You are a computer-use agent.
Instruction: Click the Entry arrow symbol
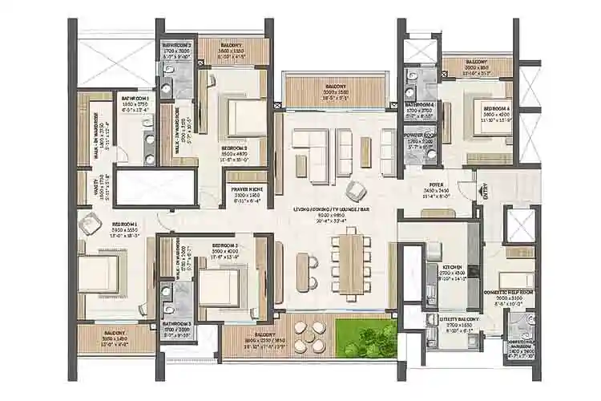pyautogui.click(x=482, y=191)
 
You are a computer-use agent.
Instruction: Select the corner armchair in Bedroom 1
pyautogui.click(x=87, y=226)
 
